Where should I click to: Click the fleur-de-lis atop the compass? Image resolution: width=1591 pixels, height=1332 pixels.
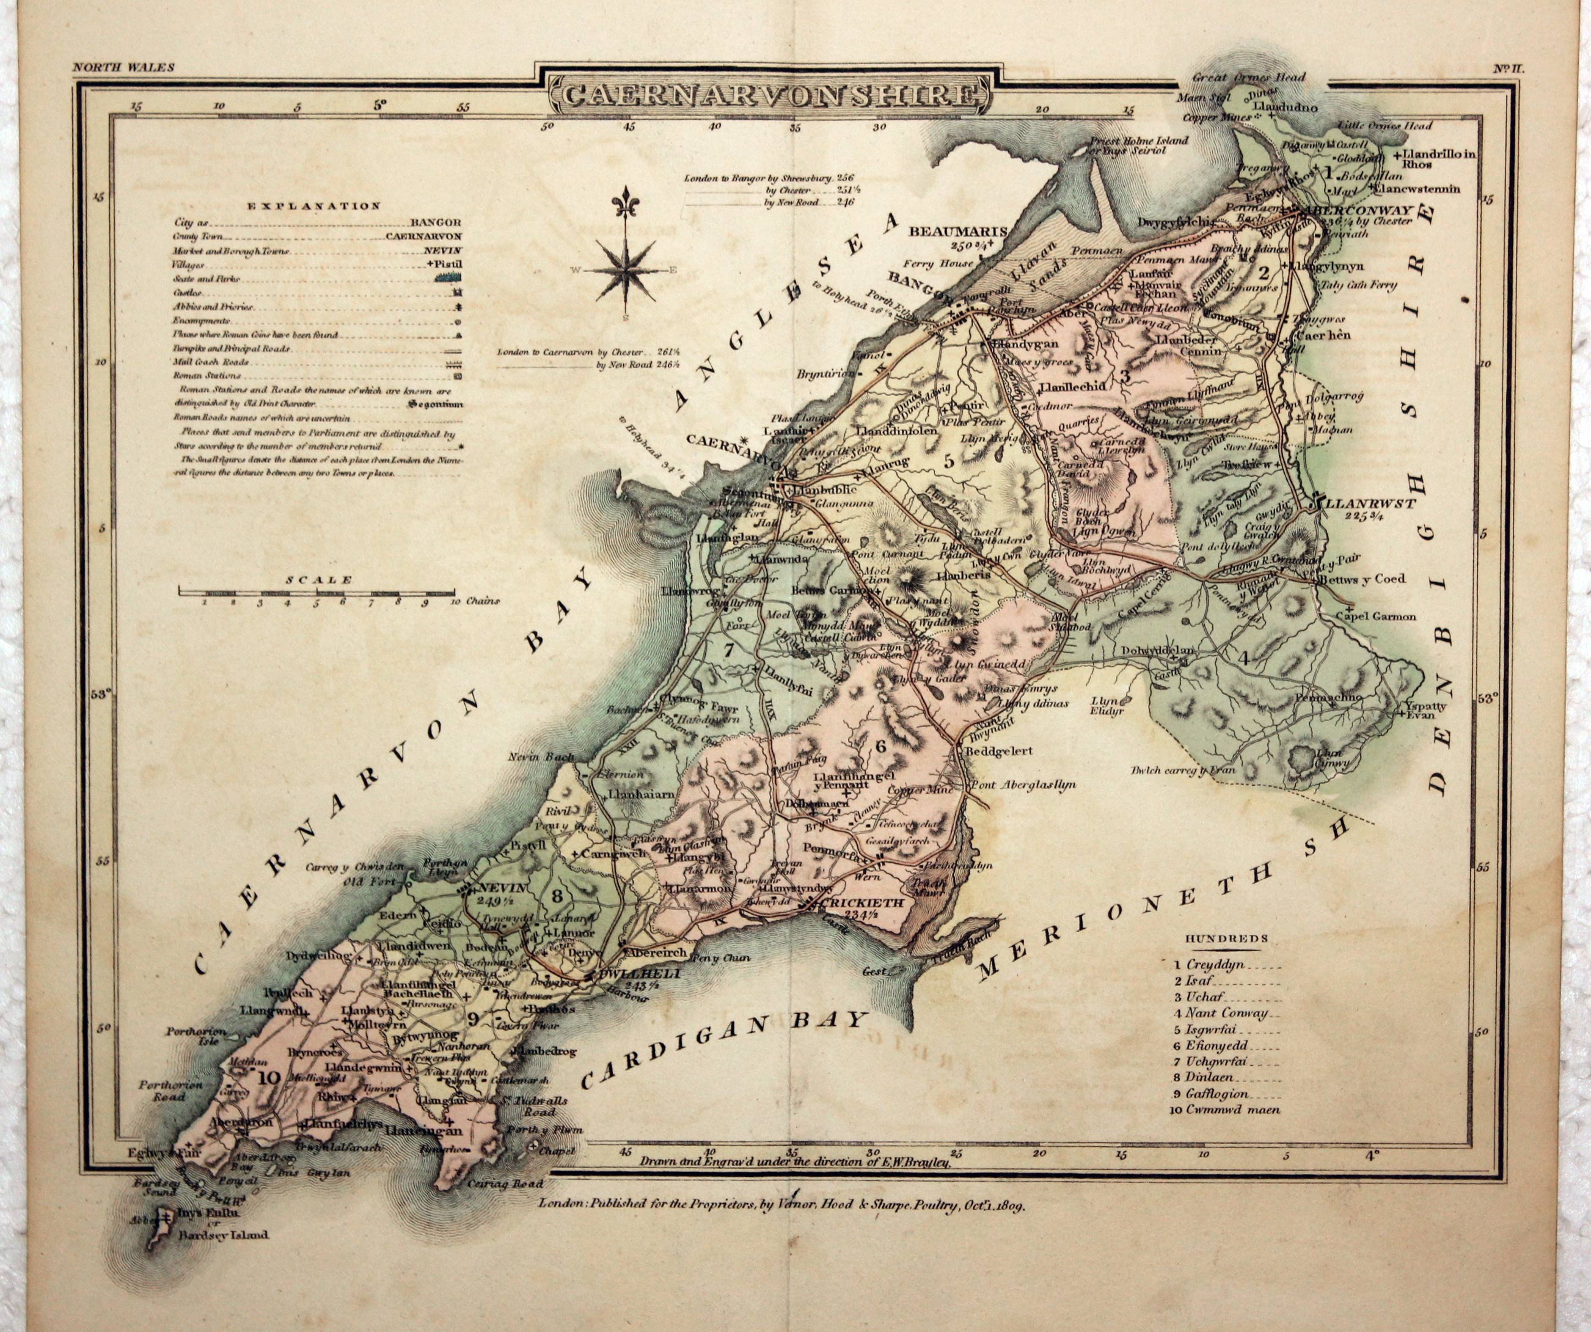click(x=626, y=202)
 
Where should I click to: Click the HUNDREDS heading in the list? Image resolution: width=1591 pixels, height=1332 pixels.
click(x=1227, y=938)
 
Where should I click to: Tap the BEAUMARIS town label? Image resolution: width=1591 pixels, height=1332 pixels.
click(x=957, y=231)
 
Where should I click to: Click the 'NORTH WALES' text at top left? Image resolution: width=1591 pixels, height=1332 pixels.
click(x=123, y=67)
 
